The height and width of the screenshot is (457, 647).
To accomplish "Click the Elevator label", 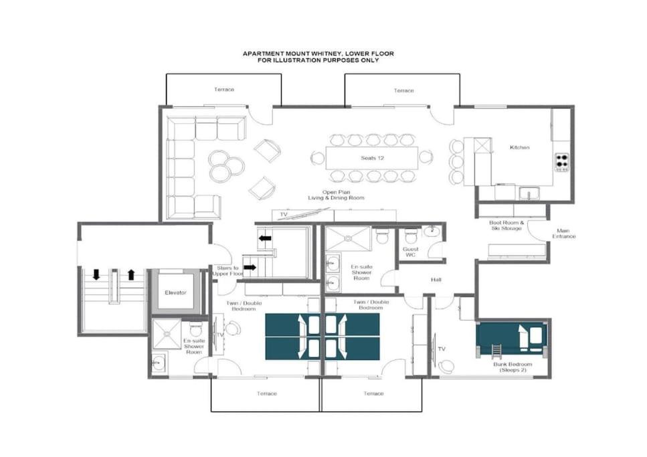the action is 175,292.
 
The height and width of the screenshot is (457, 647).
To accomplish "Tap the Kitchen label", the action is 519,147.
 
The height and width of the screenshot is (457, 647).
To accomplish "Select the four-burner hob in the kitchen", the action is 561,162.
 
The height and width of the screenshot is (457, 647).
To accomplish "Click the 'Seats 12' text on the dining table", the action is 372,158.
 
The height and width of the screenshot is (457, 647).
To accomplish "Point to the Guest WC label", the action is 411,252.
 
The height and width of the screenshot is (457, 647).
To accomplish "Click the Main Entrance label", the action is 563,234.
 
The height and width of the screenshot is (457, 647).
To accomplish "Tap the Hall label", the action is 436,280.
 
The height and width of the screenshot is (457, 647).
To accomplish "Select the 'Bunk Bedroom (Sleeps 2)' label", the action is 513,367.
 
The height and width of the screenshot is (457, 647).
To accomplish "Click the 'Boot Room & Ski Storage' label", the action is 506,225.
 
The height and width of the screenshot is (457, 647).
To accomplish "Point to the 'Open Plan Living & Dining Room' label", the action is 337,195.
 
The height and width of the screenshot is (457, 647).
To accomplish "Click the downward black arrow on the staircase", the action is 96,274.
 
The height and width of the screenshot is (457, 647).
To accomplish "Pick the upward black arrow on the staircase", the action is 131,274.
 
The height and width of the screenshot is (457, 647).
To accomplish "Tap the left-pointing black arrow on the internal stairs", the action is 265,238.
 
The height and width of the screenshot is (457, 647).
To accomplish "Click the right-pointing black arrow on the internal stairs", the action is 250,268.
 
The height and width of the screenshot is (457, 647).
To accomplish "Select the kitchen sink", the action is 529,193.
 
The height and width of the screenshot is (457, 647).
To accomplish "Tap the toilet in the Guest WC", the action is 411,236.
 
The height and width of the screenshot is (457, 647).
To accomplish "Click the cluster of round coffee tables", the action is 225,166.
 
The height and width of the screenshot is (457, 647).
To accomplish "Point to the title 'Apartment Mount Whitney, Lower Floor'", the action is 318,54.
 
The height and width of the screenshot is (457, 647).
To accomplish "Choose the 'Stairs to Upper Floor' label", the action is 227,271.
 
